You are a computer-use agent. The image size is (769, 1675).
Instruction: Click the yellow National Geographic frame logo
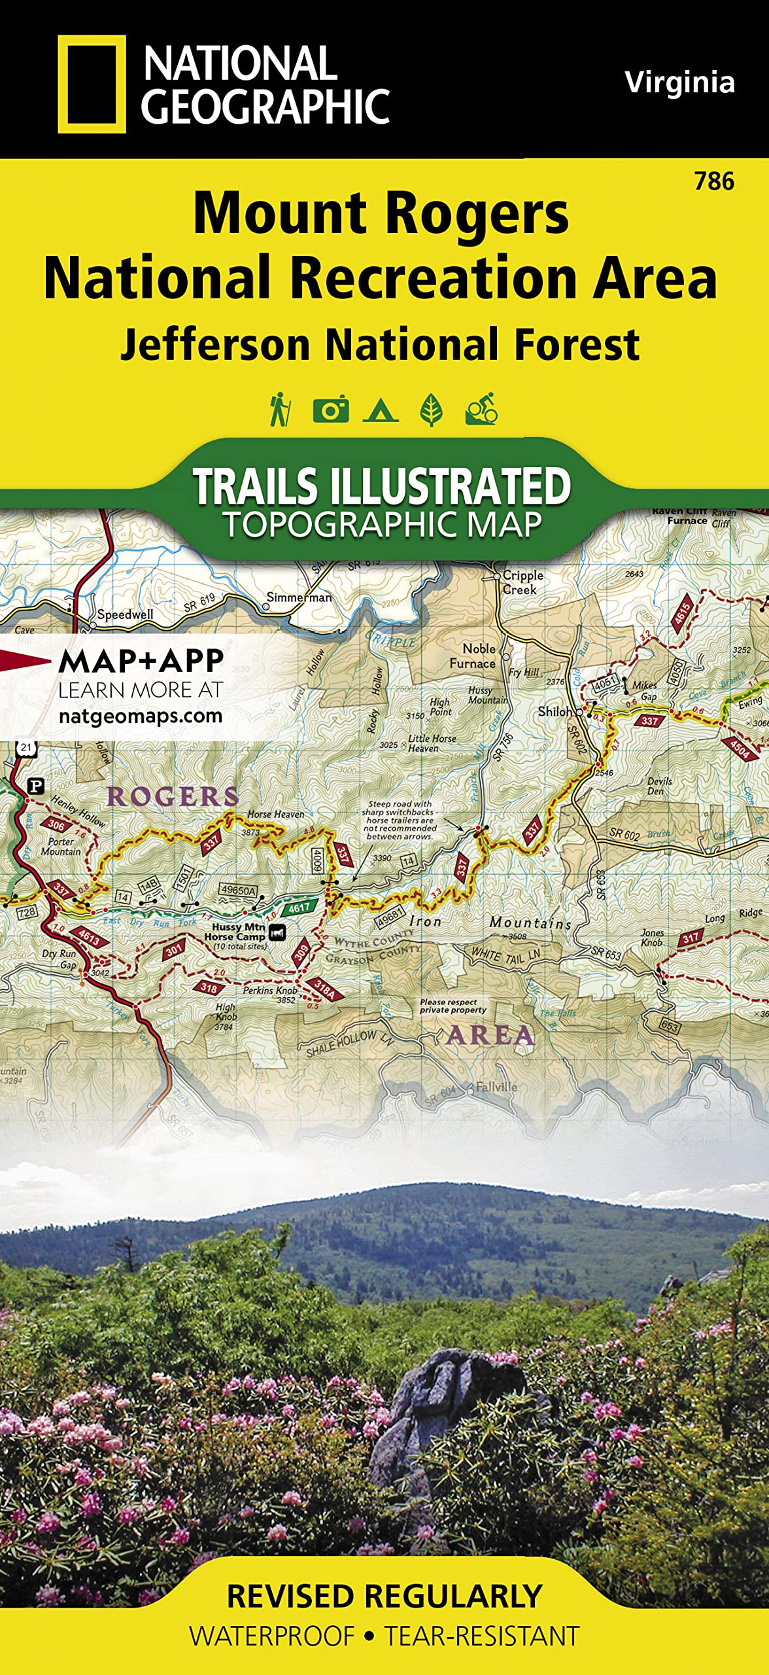(x=92, y=84)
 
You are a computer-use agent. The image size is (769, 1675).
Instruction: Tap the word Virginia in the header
(x=679, y=82)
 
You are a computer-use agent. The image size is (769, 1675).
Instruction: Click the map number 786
(x=714, y=181)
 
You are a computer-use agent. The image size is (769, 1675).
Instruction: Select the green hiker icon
(x=280, y=410)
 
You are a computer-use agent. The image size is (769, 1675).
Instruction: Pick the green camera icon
(x=330, y=410)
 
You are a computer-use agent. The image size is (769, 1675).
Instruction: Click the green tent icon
(x=381, y=410)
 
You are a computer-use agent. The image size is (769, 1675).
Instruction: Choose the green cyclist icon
(x=482, y=410)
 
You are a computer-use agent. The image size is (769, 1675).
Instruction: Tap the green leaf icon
(x=431, y=410)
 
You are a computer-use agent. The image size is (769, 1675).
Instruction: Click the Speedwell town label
(x=125, y=614)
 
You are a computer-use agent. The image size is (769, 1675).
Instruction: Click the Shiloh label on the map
(x=555, y=711)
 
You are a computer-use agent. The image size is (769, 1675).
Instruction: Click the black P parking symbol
(x=37, y=786)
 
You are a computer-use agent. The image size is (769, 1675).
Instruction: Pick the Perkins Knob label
(x=269, y=990)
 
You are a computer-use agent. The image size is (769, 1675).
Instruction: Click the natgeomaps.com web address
(x=141, y=716)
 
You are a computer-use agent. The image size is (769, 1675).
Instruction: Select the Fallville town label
(x=496, y=1087)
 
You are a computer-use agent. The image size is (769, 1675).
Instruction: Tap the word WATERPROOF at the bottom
(x=272, y=1636)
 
